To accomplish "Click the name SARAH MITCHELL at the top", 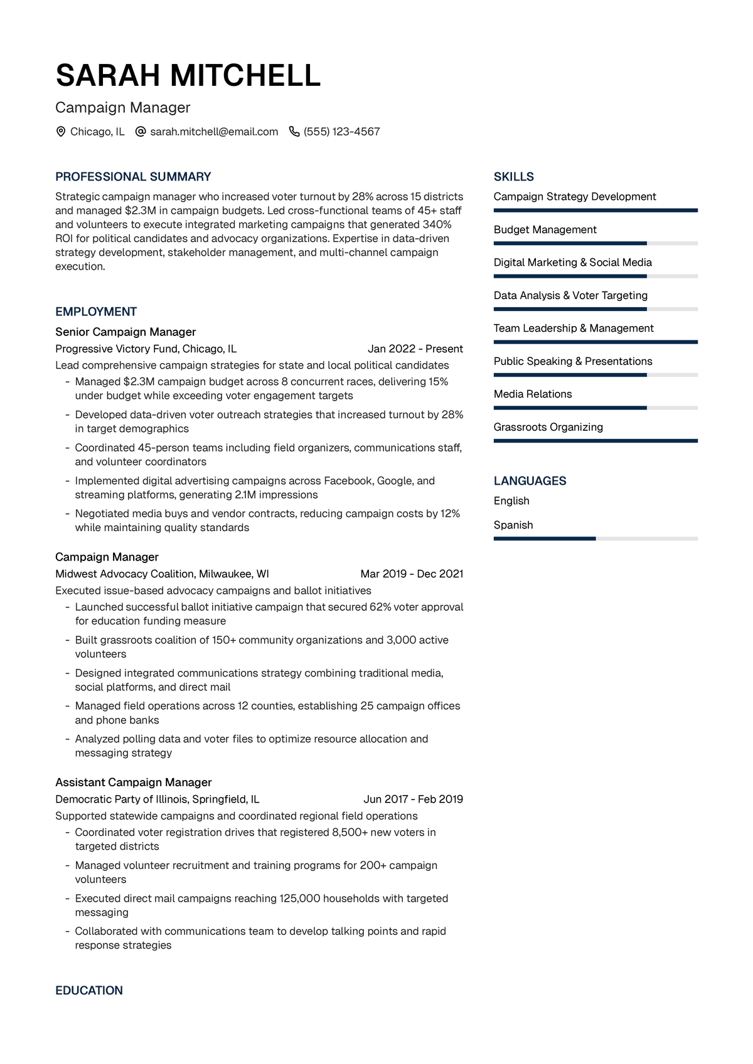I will (188, 76).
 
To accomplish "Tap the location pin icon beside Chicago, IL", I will (61, 132).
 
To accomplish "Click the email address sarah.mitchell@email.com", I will (214, 132).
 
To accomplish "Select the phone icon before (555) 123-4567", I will (294, 132).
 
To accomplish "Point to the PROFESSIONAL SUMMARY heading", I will (133, 177).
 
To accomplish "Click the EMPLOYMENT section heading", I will (96, 312).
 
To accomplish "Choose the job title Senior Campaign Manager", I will (125, 332).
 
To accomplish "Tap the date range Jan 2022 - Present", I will (415, 349).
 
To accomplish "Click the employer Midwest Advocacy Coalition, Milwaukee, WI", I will (162, 574).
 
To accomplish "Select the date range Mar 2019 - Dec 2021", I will (412, 574).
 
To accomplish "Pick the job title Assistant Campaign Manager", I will (134, 782).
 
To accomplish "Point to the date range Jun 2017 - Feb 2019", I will (413, 799).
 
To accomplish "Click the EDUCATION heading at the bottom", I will (89, 991).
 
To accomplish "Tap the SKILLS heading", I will (514, 177).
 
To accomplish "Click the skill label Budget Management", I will (545, 229).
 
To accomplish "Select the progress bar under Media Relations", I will (595, 408).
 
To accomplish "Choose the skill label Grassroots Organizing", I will (548, 427).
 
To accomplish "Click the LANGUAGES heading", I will (530, 481).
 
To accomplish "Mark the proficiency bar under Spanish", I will (595, 539).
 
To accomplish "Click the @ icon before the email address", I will (141, 132).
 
